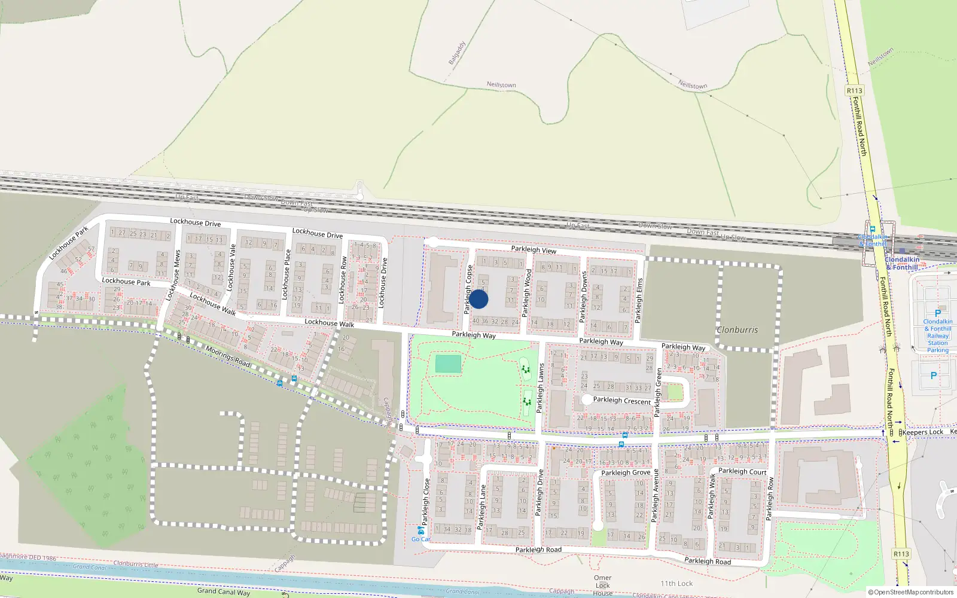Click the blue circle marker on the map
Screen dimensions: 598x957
point(478,299)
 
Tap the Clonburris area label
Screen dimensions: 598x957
point(737,329)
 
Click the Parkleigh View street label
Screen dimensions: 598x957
point(534,249)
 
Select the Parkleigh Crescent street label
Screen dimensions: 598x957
point(621,401)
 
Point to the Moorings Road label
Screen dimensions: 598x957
point(227,356)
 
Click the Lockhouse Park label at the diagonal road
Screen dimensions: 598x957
point(69,242)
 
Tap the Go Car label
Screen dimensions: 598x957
point(420,539)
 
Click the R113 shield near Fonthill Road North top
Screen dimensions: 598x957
point(854,91)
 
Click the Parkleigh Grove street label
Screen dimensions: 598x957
point(626,472)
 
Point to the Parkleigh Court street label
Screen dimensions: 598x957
point(742,471)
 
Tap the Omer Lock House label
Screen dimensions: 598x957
point(602,585)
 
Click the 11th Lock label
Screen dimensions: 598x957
point(676,584)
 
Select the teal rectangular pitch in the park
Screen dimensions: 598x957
point(448,364)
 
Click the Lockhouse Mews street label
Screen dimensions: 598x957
point(173,275)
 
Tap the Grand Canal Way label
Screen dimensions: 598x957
point(224,591)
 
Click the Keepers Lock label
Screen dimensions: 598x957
point(922,432)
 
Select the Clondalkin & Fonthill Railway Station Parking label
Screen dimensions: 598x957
point(937,335)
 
